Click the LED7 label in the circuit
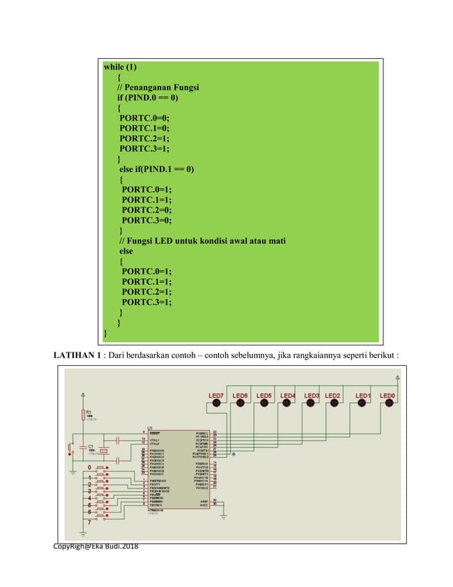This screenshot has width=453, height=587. (x=216, y=395)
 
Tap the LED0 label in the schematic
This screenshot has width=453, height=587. (x=388, y=395)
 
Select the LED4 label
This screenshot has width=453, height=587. (x=288, y=395)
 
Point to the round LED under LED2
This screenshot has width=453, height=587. (x=334, y=404)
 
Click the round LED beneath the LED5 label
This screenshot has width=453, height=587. (x=263, y=404)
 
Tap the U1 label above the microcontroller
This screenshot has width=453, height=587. (x=149, y=427)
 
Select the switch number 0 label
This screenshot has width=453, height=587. (x=89, y=467)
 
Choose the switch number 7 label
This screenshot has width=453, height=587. (x=89, y=522)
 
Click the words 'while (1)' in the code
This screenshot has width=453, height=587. (x=121, y=68)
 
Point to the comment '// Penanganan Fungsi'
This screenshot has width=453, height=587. (x=158, y=88)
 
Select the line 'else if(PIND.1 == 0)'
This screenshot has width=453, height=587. (x=156, y=169)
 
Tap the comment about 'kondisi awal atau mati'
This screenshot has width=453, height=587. (x=202, y=241)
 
